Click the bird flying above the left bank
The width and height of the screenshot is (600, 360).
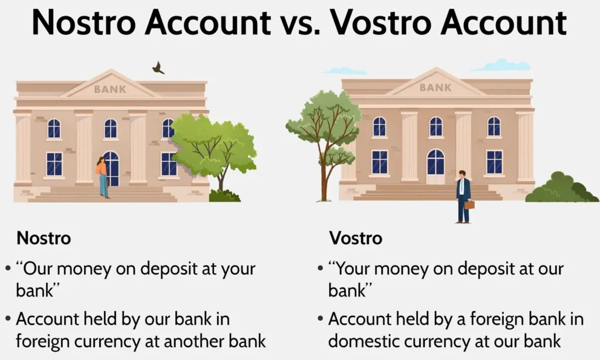(158, 68)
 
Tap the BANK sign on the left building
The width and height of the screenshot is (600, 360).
(110, 89)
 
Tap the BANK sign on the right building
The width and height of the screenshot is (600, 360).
(435, 88)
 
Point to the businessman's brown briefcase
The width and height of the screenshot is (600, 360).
(469, 205)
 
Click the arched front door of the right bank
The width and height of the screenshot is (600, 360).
(435, 167)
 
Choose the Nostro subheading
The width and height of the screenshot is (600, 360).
(43, 238)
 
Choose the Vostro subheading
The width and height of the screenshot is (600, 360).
(356, 238)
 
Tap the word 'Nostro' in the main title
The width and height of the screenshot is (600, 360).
(84, 22)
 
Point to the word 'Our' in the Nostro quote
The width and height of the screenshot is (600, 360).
(39, 269)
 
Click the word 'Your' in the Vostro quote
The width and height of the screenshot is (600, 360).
(352, 269)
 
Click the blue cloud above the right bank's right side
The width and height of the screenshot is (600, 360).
(502, 65)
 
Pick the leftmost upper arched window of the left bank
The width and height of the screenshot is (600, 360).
(54, 128)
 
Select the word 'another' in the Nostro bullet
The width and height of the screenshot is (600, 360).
(195, 341)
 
